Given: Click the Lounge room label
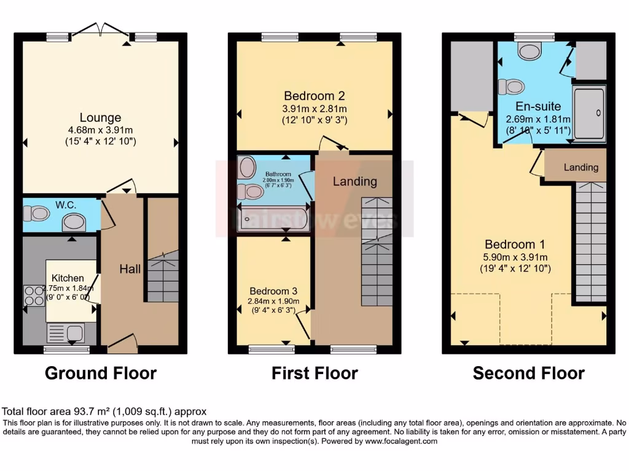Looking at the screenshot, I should (x=100, y=118).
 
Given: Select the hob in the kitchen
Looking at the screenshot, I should (x=33, y=296).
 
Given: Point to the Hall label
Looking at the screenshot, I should (x=130, y=269).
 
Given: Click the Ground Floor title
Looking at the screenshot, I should (x=100, y=373).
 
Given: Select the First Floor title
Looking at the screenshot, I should (x=314, y=373).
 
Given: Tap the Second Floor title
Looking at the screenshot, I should (x=528, y=373).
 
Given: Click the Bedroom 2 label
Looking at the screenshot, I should (x=314, y=96).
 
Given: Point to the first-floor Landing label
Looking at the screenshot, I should (x=354, y=181).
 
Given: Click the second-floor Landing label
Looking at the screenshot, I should (x=580, y=167).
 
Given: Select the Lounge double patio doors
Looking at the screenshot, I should (x=101, y=29).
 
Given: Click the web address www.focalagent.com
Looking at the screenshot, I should (x=400, y=441).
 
